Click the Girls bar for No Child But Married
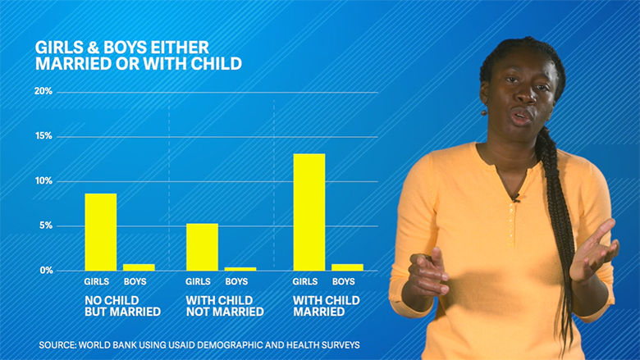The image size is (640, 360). click(x=100, y=232)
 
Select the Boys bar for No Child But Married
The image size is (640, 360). click(x=139, y=267)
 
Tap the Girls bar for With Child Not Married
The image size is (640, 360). click(x=202, y=247)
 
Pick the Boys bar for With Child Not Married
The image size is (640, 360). click(x=240, y=269)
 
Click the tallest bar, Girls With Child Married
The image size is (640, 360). click(x=309, y=212)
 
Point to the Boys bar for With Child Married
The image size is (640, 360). click(x=348, y=267)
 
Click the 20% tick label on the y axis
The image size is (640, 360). click(x=43, y=92)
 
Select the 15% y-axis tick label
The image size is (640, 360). click(x=43, y=136)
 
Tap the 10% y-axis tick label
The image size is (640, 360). click(x=43, y=181)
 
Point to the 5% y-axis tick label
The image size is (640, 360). click(x=44, y=226)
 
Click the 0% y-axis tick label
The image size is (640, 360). click(x=44, y=271)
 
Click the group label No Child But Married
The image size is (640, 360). click(x=123, y=306)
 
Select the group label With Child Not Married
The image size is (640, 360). click(x=225, y=306)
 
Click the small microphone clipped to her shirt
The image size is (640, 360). click(x=515, y=198)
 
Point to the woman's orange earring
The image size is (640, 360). click(x=484, y=112)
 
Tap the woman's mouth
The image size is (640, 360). click(x=520, y=116)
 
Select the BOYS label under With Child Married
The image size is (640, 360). click(x=348, y=282)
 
